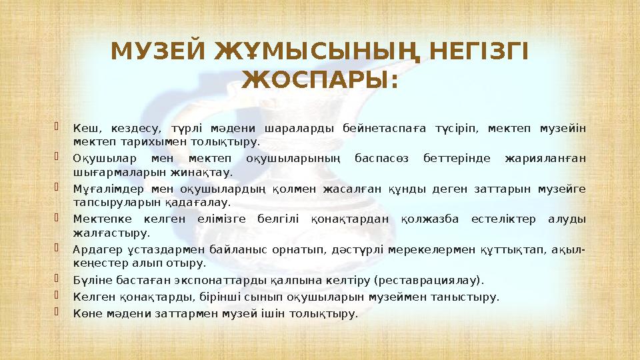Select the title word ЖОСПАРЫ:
pyautogui.click(x=320, y=81)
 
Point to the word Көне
pyautogui.click(x=85, y=313)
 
